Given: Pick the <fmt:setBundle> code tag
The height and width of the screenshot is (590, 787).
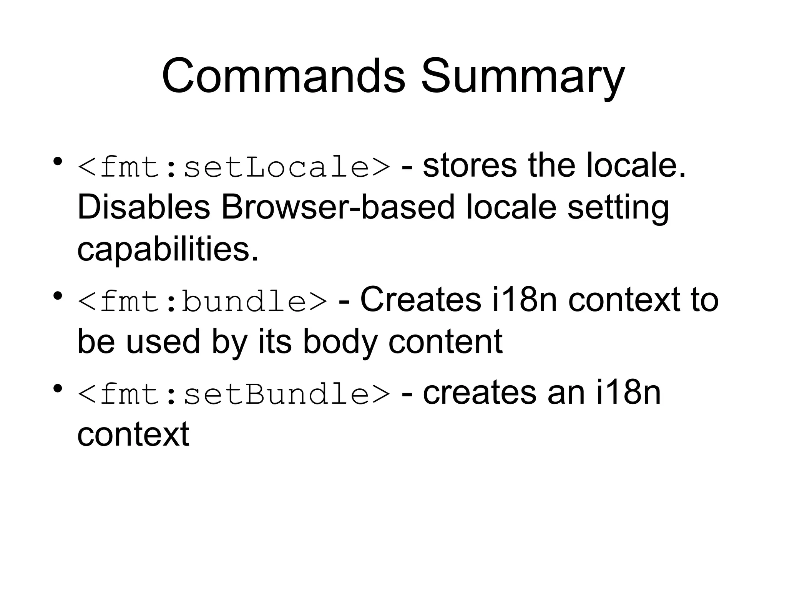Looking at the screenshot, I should (x=234, y=394).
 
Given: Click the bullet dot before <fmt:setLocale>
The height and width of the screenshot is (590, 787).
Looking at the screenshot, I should (x=58, y=161).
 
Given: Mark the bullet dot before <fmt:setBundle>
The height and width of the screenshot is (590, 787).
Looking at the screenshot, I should (x=58, y=389).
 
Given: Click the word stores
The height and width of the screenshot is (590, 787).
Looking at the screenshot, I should (x=470, y=166).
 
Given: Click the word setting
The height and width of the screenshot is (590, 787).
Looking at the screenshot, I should (x=618, y=207).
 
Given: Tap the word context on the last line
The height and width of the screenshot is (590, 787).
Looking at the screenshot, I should (x=133, y=434).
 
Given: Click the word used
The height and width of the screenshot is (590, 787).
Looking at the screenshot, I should (x=163, y=341).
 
